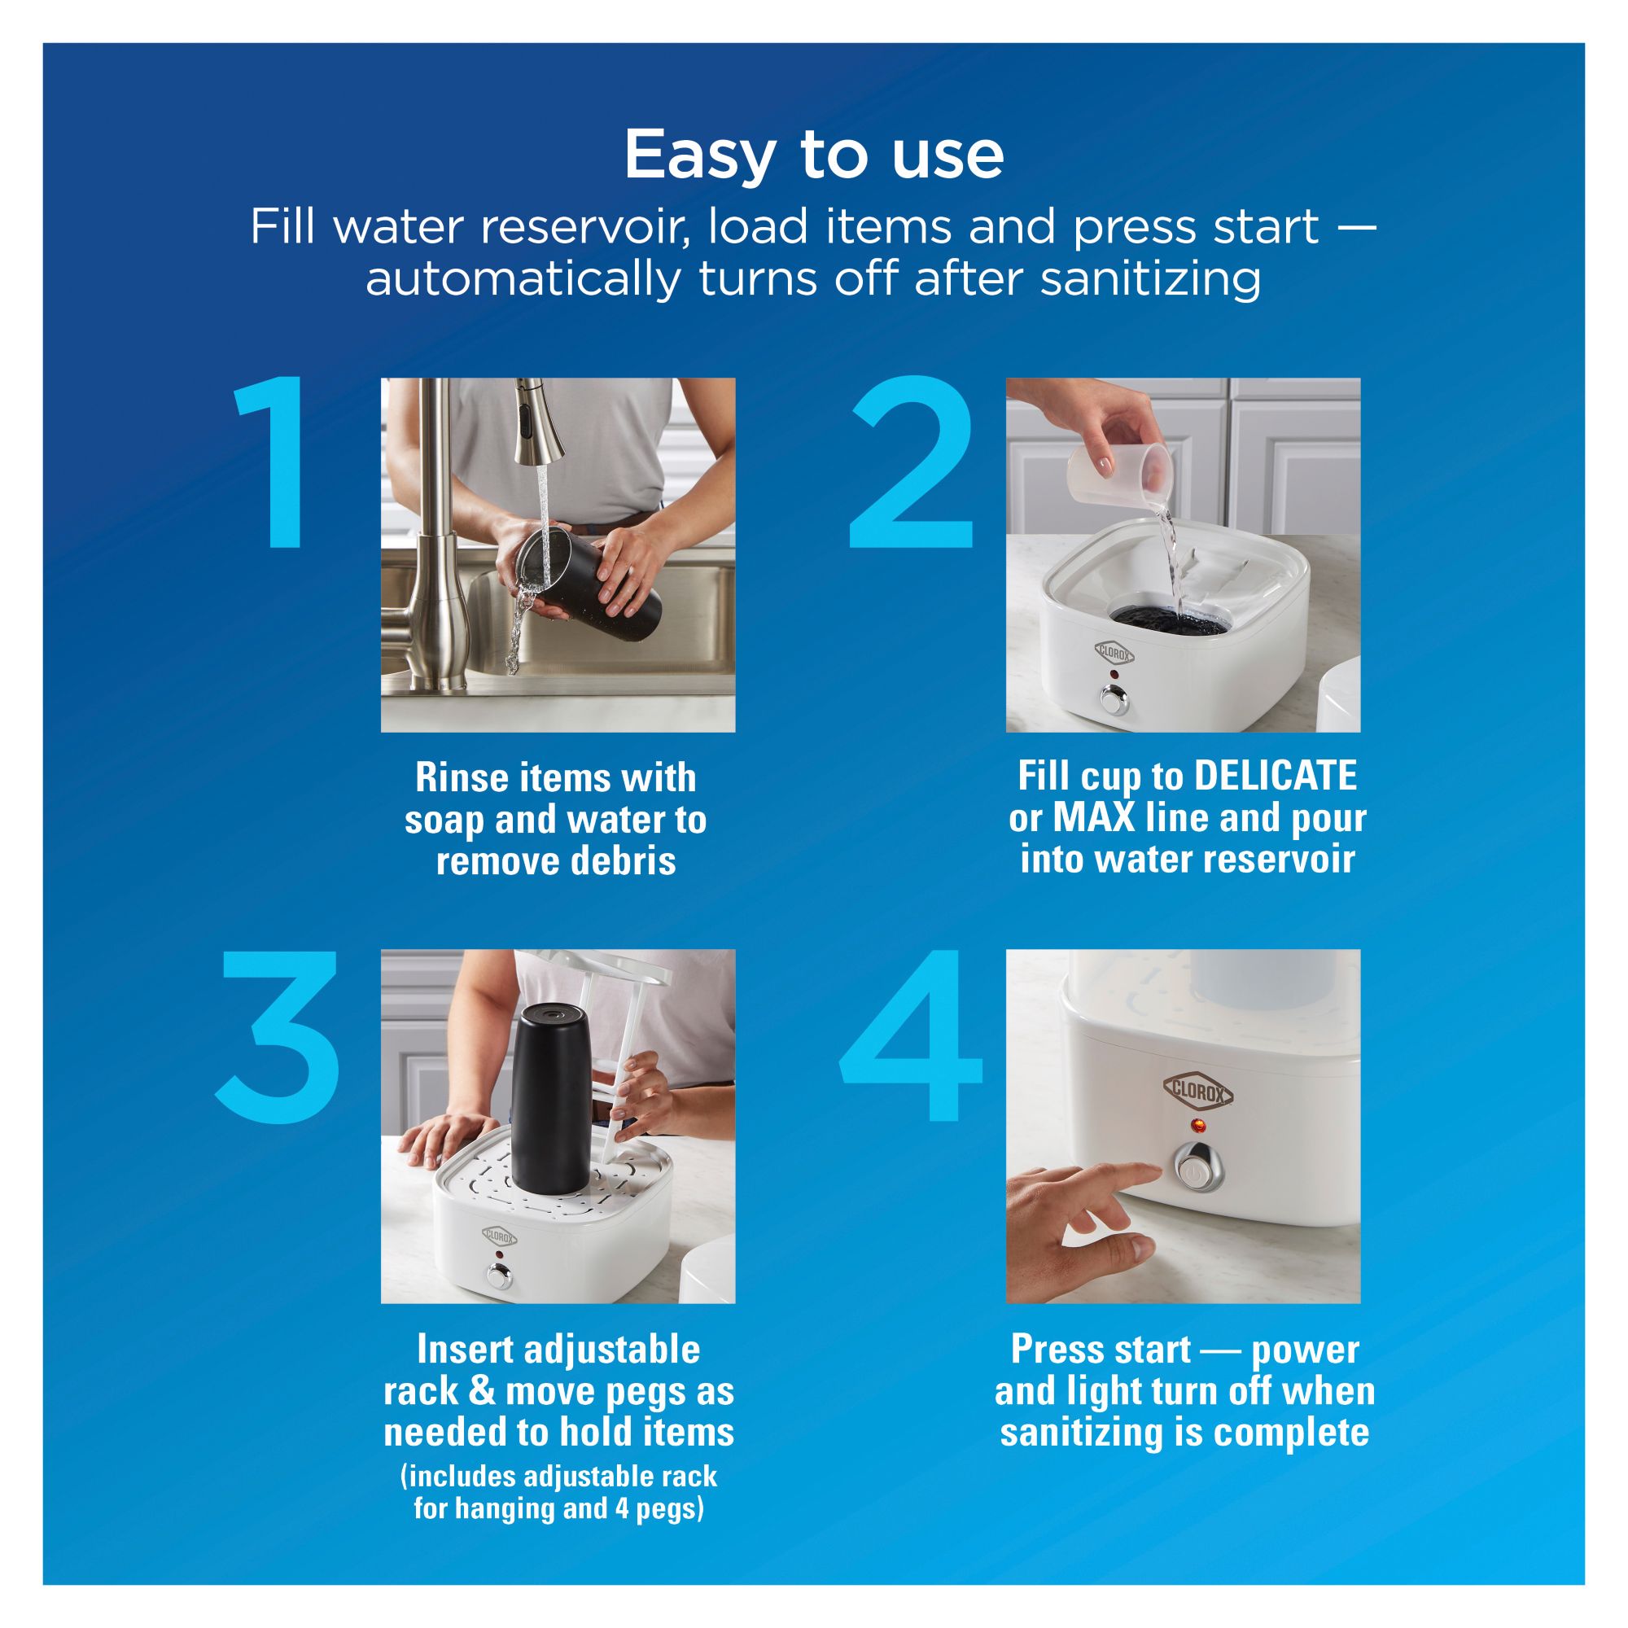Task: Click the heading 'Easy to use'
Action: [814, 155]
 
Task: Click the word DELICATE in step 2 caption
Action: [1276, 776]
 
